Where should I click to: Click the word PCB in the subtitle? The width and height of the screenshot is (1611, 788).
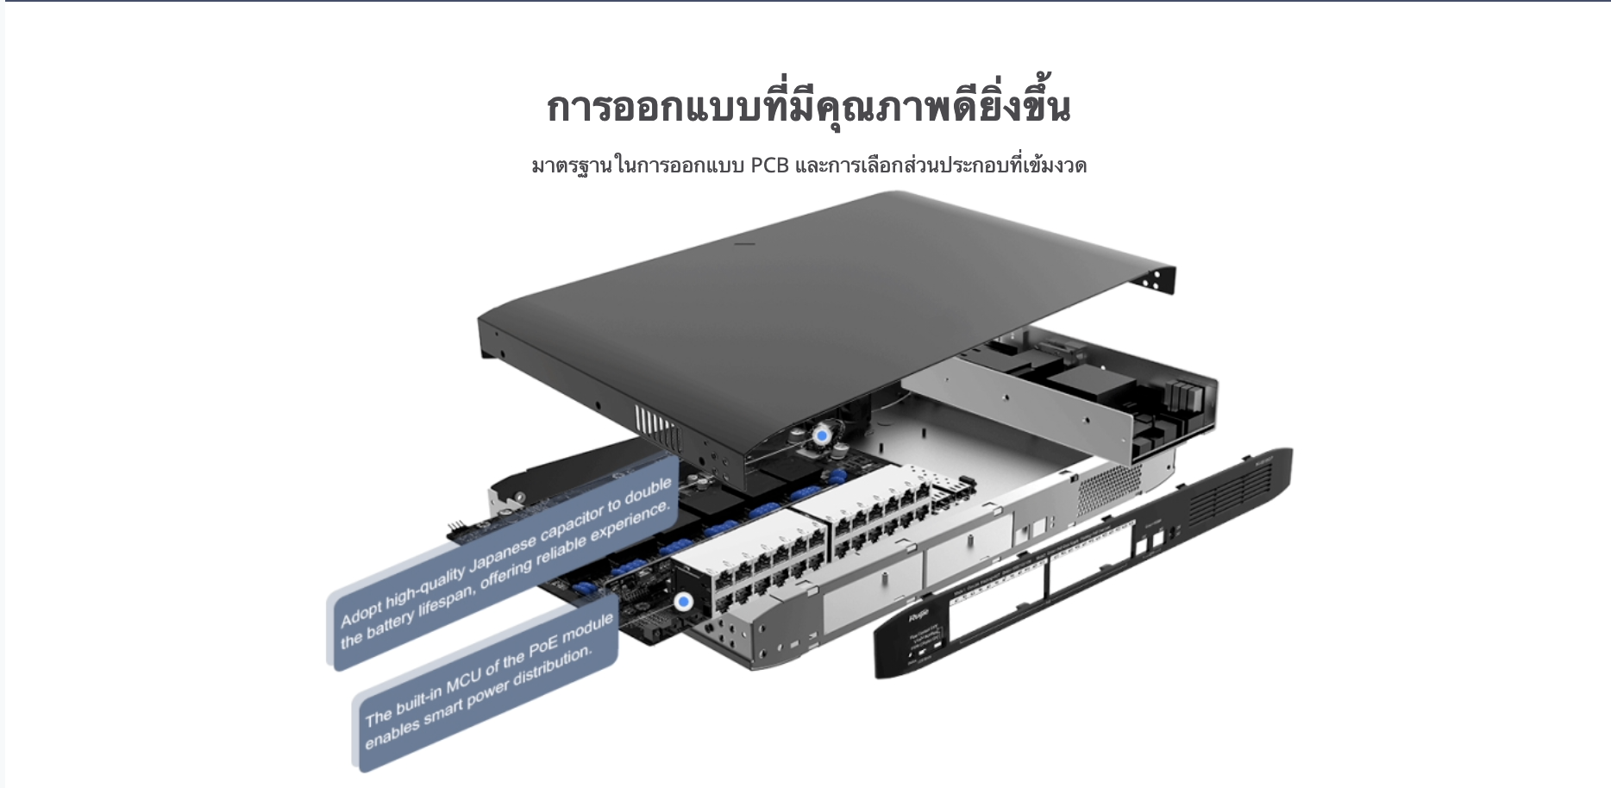[x=769, y=165]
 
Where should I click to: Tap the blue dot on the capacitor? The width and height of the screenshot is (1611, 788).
[x=822, y=436]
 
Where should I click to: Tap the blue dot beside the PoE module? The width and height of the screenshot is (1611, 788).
[x=685, y=603]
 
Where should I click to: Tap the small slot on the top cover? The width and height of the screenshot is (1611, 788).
[x=743, y=244]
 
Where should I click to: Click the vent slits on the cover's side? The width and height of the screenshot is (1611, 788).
[x=654, y=422]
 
